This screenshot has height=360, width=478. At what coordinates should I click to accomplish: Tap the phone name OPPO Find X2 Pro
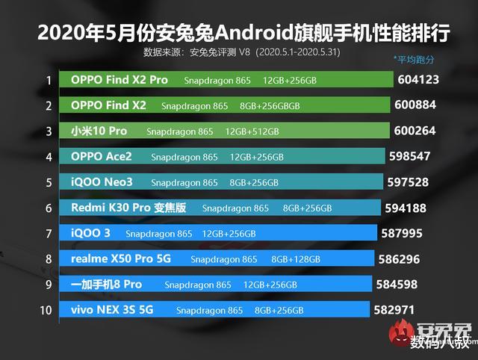pos(119,80)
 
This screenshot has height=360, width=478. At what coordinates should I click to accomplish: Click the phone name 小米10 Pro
pos(99,131)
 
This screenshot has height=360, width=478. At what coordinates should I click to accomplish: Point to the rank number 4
pos(49,157)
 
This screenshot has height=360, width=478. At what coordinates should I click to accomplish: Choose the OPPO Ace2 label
pos(101,157)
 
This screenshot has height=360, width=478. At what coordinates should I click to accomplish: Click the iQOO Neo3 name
pos(102,182)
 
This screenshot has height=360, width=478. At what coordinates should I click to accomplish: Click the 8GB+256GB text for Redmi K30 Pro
pos(307,208)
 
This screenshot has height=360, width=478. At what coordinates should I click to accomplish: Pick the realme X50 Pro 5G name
pos(119,259)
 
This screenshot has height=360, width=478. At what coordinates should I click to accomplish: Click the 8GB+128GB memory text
pos(296,260)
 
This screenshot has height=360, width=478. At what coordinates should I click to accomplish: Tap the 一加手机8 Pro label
pos(106,285)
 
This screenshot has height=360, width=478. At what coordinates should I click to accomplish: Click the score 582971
pos(395,310)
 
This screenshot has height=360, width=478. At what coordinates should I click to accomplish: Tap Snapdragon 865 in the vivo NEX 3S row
pos(210,311)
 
